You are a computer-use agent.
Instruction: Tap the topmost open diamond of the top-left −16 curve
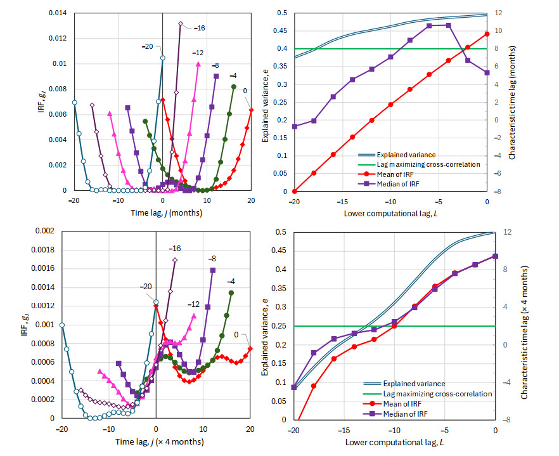click(181, 24)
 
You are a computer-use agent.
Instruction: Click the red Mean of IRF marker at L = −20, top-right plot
click(294, 191)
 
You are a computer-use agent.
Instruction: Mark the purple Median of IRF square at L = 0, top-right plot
click(487, 73)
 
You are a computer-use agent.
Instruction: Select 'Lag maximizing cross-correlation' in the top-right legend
click(428, 164)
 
